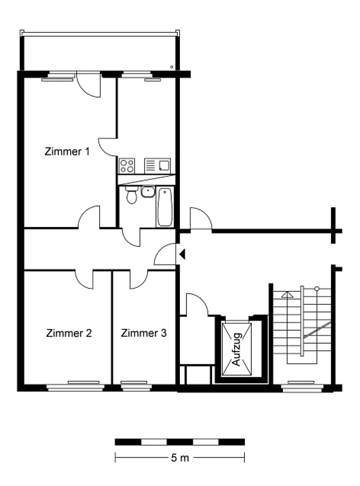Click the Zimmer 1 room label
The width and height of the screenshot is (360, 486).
pyautogui.click(x=67, y=151)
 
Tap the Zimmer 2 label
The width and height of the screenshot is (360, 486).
pyautogui.click(x=69, y=333)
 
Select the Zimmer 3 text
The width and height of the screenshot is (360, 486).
pyautogui.click(x=144, y=333)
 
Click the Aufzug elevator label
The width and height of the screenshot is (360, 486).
pyautogui.click(x=236, y=350)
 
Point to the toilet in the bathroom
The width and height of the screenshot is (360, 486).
pyautogui.click(x=132, y=195)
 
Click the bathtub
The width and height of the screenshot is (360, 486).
pyautogui.click(x=165, y=207)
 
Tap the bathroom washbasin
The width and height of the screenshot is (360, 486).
pyautogui.click(x=148, y=192)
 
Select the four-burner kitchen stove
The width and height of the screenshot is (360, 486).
pyautogui.click(x=127, y=166)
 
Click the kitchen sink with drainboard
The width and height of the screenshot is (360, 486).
pyautogui.click(x=157, y=166)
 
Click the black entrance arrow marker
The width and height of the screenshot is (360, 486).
pyautogui.click(x=182, y=254)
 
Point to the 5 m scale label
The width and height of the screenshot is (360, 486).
pyautogui.click(x=180, y=458)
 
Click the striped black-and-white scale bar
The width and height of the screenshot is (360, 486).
pyautogui.click(x=179, y=442)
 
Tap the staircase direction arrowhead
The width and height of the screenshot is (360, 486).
pyautogui.click(x=287, y=295)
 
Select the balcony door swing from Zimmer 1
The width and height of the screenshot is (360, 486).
pyautogui.click(x=89, y=85)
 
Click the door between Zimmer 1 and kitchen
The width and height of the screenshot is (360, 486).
pyautogui.click(x=108, y=147)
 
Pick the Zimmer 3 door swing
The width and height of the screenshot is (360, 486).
pyautogui.click(x=139, y=279)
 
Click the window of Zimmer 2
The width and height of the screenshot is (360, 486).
pyautogui.click(x=74, y=386)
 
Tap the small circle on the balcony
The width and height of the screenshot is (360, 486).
pyautogui.click(x=171, y=67)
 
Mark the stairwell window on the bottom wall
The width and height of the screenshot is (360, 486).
pyautogui.click(x=301, y=386)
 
